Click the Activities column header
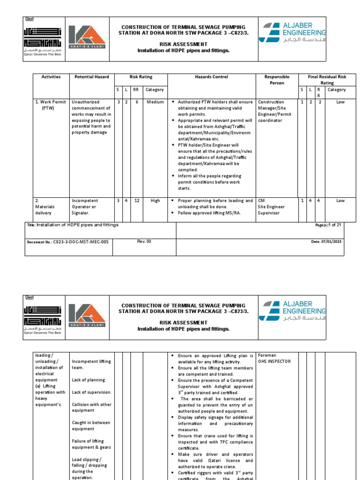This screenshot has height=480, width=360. [x=51, y=77]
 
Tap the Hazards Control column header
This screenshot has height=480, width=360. [x=211, y=77]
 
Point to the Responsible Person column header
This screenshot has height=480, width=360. [x=277, y=80]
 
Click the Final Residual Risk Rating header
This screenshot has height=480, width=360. [x=327, y=80]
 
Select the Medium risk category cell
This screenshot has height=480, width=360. [x=155, y=102]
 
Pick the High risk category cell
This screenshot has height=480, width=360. [x=155, y=201]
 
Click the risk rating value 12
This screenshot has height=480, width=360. [x=137, y=201]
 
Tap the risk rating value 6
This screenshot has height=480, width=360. [x=137, y=102]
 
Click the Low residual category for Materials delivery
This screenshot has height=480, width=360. [x=340, y=201]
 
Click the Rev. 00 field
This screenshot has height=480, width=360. [x=144, y=241]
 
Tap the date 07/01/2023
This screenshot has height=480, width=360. [x=330, y=242]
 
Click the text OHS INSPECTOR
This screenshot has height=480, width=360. [x=274, y=361]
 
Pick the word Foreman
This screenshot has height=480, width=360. [x=267, y=355]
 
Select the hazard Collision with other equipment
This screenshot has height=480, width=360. [x=91, y=407]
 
